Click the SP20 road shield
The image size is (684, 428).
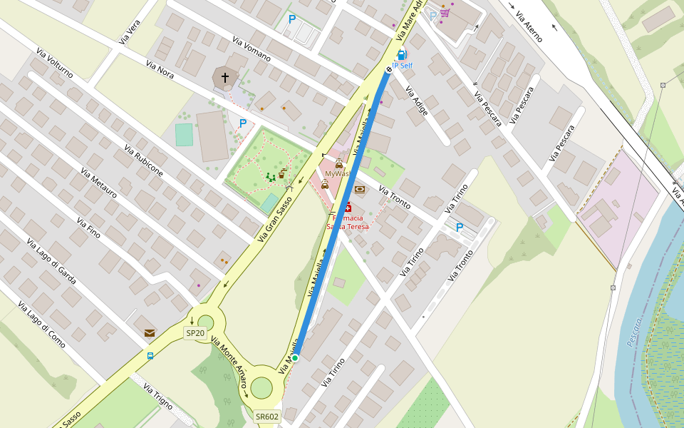point(195,332)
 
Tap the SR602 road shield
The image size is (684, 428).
point(267,417)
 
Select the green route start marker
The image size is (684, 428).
point(294,357)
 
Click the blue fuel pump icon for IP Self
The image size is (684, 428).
point(401,55)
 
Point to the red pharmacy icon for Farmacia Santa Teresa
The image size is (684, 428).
point(348,208)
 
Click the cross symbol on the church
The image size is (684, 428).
point(225,77)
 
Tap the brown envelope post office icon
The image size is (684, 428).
point(150,332)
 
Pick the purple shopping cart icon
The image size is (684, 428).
point(445,13)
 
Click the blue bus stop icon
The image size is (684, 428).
point(150,355)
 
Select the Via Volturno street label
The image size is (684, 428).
point(54,63)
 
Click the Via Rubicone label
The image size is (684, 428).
point(143,160)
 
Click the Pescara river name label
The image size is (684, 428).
point(634,332)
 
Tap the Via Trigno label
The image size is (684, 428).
point(158,397)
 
